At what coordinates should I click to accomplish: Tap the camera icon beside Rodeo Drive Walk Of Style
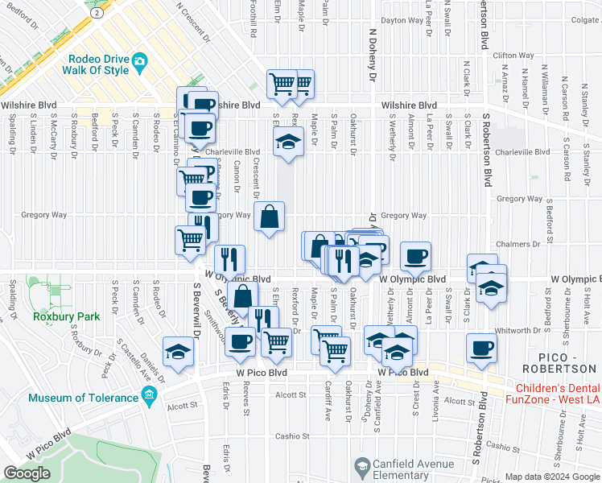point(140,60)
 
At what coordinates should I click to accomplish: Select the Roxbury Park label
point(67,316)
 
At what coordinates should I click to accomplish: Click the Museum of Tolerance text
point(84,398)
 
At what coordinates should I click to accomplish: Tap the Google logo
point(27,473)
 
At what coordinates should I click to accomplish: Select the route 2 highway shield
point(97,14)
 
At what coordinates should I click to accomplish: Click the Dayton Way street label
point(402,20)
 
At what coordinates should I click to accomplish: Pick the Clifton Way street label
point(513,56)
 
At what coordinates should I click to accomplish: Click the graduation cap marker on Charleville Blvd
point(287,143)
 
